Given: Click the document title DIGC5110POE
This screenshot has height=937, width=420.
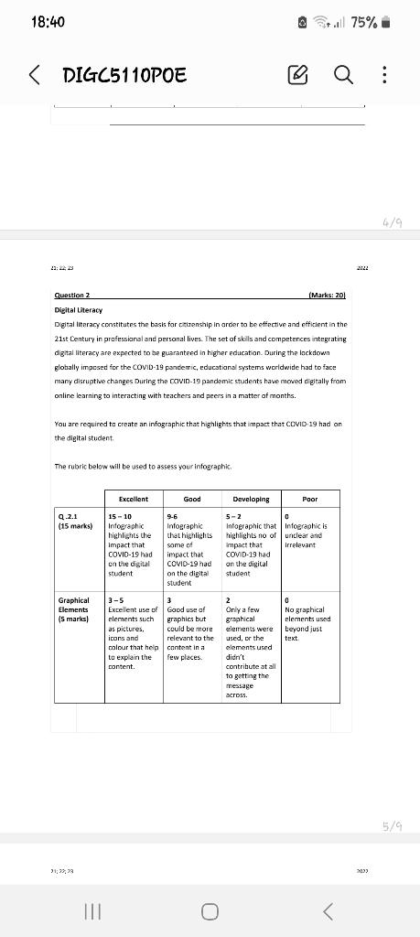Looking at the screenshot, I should (124, 74).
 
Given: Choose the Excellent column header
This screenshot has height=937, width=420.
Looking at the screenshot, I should (135, 499).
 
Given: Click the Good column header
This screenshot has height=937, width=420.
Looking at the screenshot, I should (192, 499).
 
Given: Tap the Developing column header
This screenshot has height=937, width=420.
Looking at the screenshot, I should (251, 499).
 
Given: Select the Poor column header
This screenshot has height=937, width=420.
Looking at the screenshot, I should (310, 499).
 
